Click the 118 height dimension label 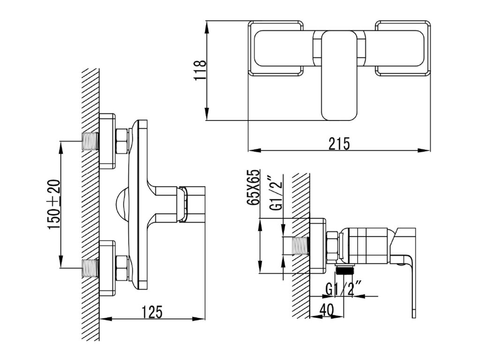coord(200,70)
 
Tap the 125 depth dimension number coord(153,312)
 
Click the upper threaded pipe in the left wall coord(90,142)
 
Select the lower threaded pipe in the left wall coord(90,267)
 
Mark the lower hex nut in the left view coord(122,268)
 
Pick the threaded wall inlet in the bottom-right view coord(300,247)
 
